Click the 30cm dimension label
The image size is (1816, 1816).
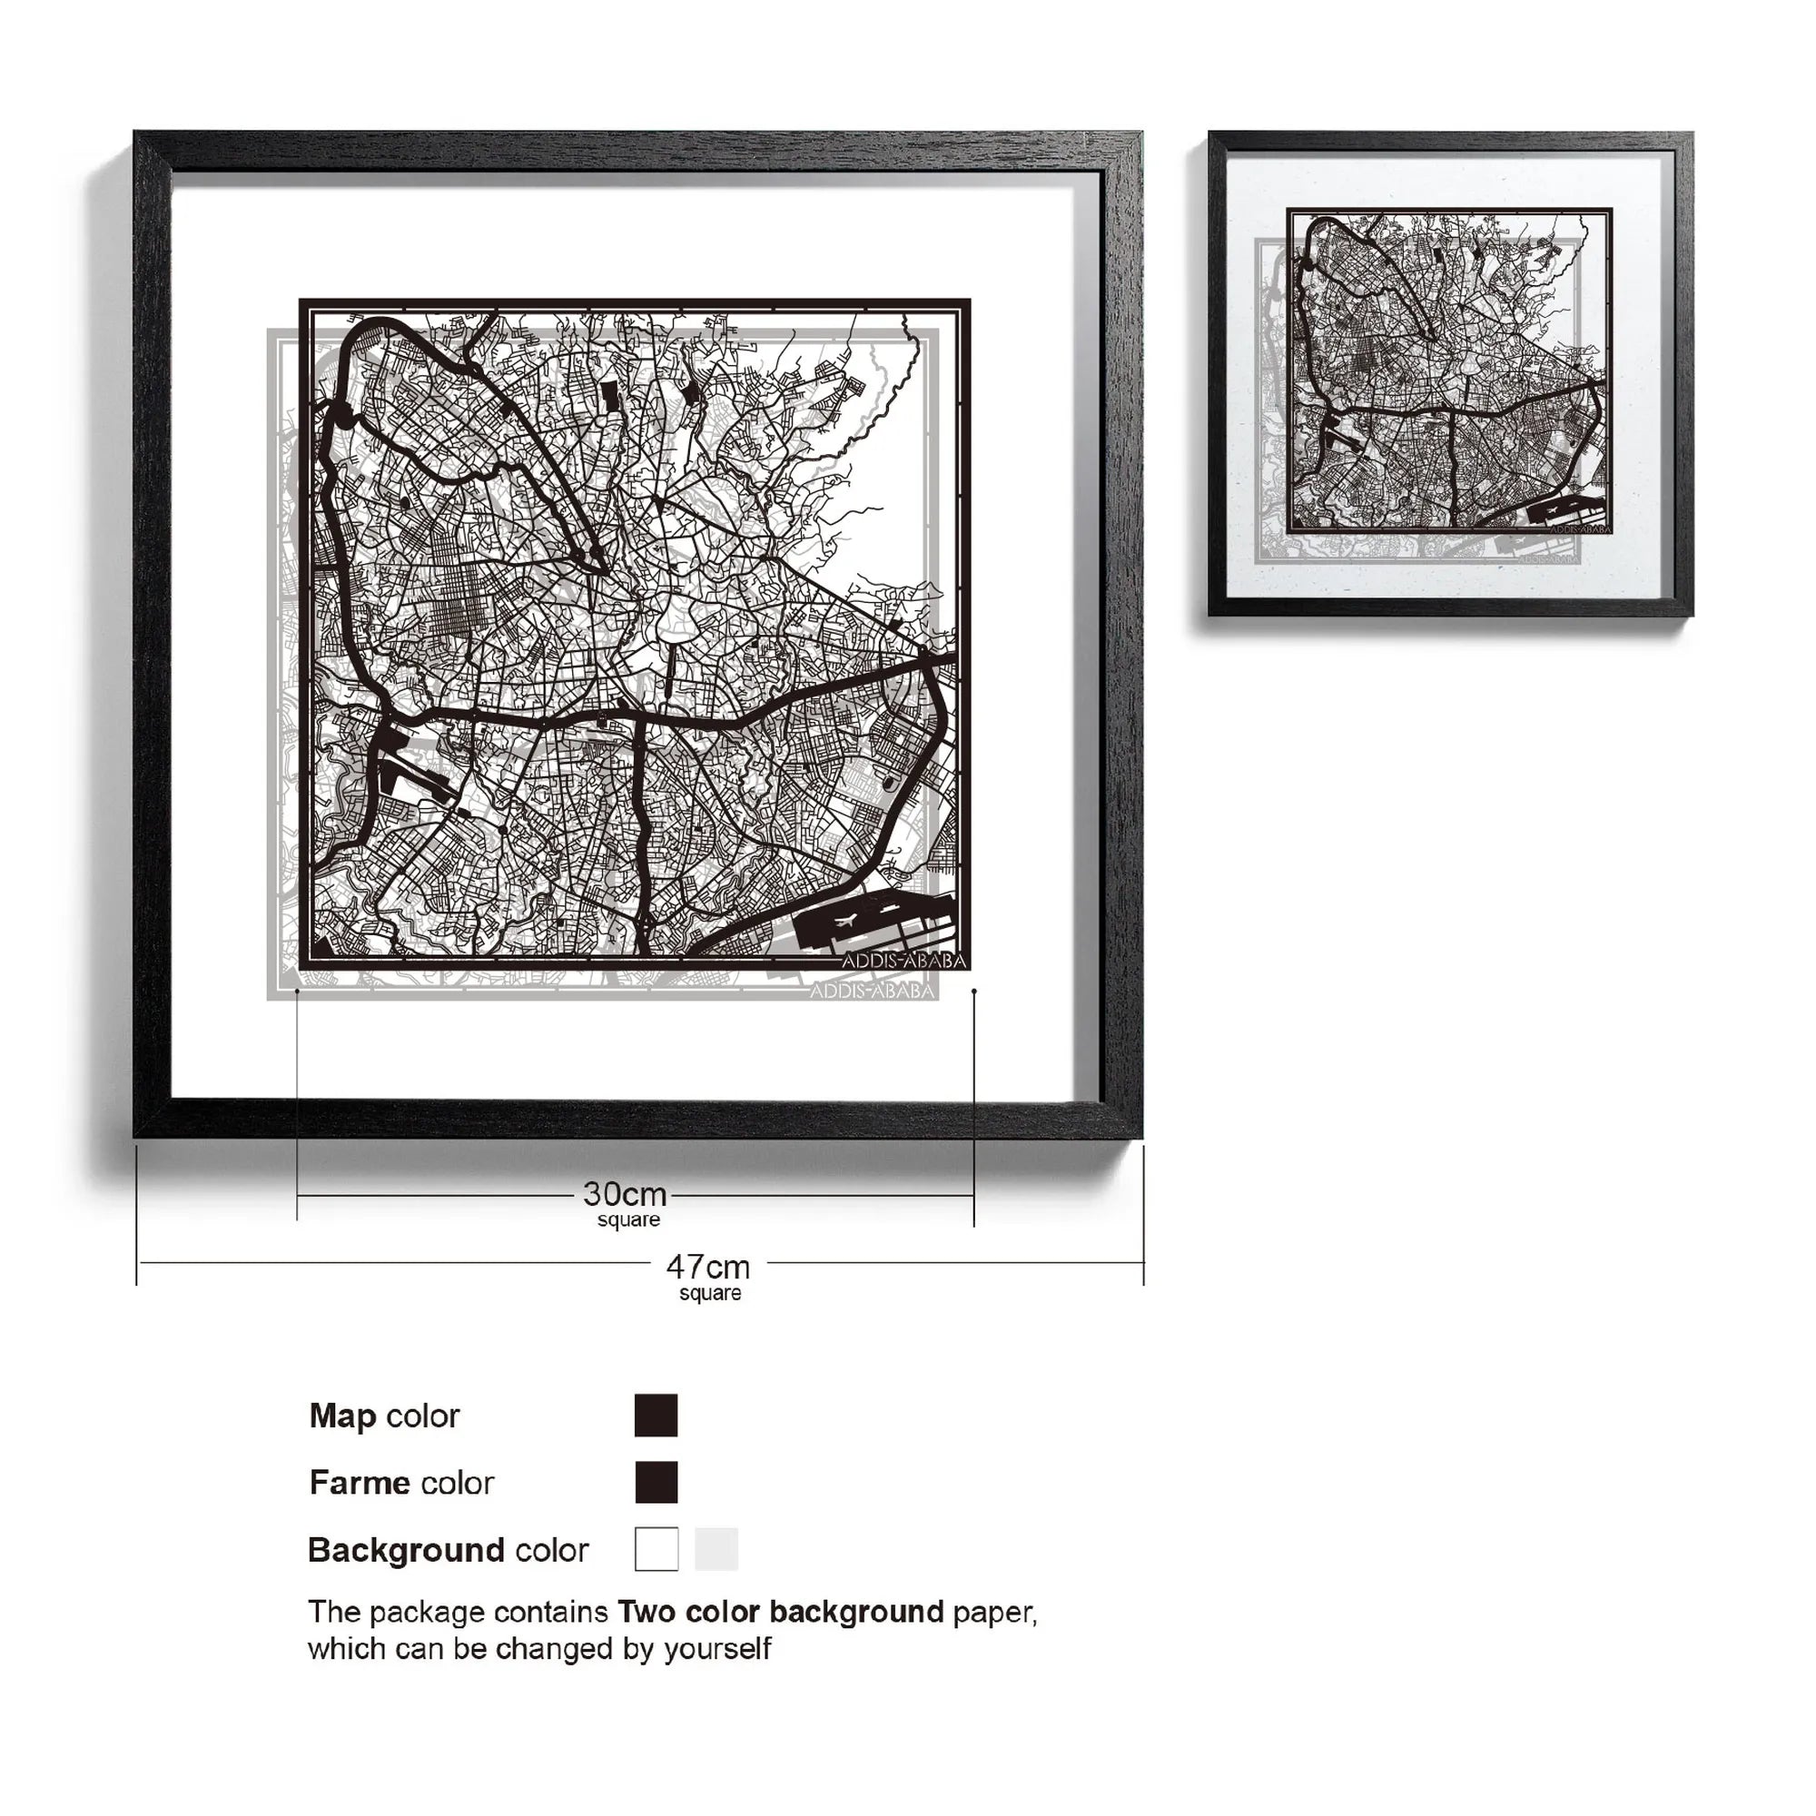point(624,1195)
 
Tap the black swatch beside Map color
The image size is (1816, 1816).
point(656,1416)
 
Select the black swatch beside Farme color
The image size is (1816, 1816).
point(656,1483)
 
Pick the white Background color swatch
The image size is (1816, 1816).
point(656,1549)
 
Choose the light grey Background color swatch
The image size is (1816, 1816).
point(716,1549)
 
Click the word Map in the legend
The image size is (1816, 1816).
point(342,1416)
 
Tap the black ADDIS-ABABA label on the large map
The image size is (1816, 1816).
point(903,961)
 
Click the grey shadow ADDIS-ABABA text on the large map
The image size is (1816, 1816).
point(872,992)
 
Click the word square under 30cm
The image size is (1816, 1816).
point(628,1220)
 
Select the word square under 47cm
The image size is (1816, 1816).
point(710,1293)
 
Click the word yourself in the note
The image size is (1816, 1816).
point(717,1649)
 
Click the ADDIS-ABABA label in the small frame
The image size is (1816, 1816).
point(1579,529)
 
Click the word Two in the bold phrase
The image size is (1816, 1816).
point(647,1612)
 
